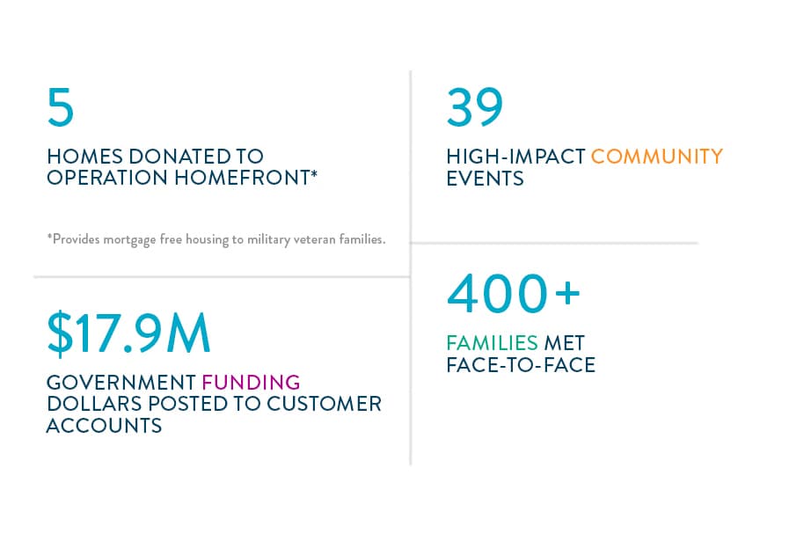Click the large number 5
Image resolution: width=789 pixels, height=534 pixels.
point(61,106)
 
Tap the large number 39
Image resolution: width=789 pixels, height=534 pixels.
point(474,106)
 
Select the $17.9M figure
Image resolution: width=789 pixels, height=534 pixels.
point(128,333)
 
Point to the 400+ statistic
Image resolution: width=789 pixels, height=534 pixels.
point(514,293)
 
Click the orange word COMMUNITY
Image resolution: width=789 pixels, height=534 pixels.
point(657,157)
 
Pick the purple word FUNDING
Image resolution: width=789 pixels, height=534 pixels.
point(251,383)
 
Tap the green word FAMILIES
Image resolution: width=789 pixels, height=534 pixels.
point(492,343)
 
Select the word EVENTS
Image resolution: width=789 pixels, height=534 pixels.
point(485,179)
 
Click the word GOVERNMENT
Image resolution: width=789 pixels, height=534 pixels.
point(121,383)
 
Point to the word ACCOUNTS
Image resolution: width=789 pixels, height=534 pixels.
point(104,426)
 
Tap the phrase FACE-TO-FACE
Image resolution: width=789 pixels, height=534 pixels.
point(521,365)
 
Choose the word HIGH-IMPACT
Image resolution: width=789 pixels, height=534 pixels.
point(515,157)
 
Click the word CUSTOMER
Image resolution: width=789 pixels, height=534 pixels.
point(324,404)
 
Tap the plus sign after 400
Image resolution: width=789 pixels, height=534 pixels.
point(568,292)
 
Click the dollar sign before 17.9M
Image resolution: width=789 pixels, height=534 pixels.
point(60,333)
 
